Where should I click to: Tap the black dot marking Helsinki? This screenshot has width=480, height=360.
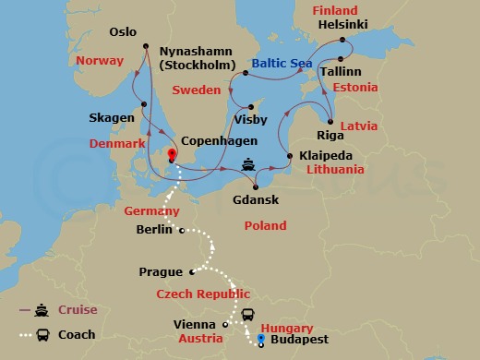point(342,40)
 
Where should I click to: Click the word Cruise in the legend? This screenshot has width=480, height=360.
point(79,309)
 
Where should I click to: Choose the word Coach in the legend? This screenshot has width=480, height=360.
point(78,334)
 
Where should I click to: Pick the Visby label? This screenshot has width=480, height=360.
point(252,120)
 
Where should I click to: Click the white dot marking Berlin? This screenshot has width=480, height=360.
point(182,231)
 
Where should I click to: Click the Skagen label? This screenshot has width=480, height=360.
point(112,118)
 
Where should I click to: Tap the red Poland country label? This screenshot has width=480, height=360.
point(265,225)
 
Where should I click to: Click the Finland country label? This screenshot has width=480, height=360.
point(334,10)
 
